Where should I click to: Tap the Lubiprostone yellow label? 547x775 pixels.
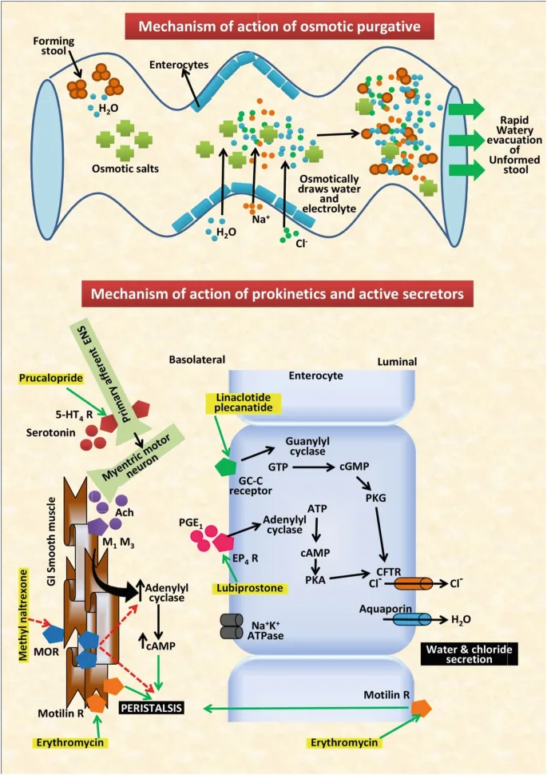tap(248, 588)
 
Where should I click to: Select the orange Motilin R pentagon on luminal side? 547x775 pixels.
tap(421, 707)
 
